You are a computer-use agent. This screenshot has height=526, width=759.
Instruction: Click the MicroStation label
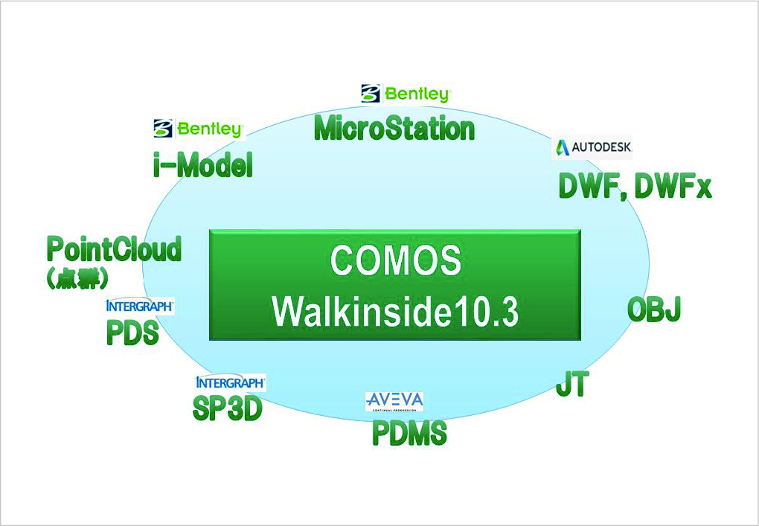[394, 128]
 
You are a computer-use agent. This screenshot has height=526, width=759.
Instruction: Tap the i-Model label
[202, 165]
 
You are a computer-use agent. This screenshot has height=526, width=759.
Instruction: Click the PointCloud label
[114, 249]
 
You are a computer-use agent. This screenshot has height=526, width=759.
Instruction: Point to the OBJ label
[654, 309]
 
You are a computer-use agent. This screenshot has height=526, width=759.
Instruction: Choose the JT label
[572, 385]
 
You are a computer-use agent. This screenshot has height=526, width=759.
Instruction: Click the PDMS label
[409, 433]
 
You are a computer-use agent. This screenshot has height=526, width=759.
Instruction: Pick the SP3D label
[227, 408]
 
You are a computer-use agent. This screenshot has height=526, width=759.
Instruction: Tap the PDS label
[132, 333]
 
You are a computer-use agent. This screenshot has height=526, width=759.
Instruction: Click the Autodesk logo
[592, 147]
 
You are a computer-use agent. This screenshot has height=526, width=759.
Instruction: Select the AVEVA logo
[394, 401]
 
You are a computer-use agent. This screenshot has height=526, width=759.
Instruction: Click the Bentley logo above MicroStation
[406, 94]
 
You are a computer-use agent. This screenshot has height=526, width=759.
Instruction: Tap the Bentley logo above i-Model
[199, 129]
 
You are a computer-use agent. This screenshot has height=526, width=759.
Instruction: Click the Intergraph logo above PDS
[140, 305]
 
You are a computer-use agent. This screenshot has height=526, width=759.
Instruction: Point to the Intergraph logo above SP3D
[230, 382]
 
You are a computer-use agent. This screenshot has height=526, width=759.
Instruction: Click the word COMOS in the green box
[395, 262]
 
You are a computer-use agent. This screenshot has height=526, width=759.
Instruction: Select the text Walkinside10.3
[395, 311]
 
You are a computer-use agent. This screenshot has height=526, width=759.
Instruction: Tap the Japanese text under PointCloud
[78, 279]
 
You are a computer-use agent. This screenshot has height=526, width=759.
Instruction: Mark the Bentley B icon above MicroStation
[370, 93]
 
